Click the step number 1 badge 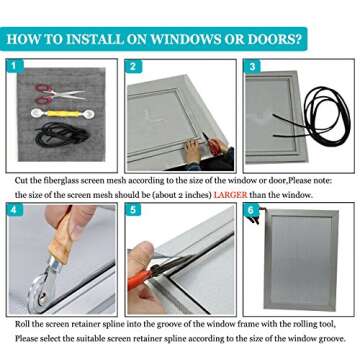pos(14,66)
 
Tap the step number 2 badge pos(133,66)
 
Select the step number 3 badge pos(252,66)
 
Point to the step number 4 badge pos(14,210)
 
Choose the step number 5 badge pos(133,210)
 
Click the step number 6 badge pos(252,210)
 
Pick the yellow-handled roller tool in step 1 pos(62,114)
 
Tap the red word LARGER pos(230,195)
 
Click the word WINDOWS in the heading pos(184,39)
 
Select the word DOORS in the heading pos(275,39)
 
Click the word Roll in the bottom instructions pos(21,324)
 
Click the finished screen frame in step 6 pos(301,260)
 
